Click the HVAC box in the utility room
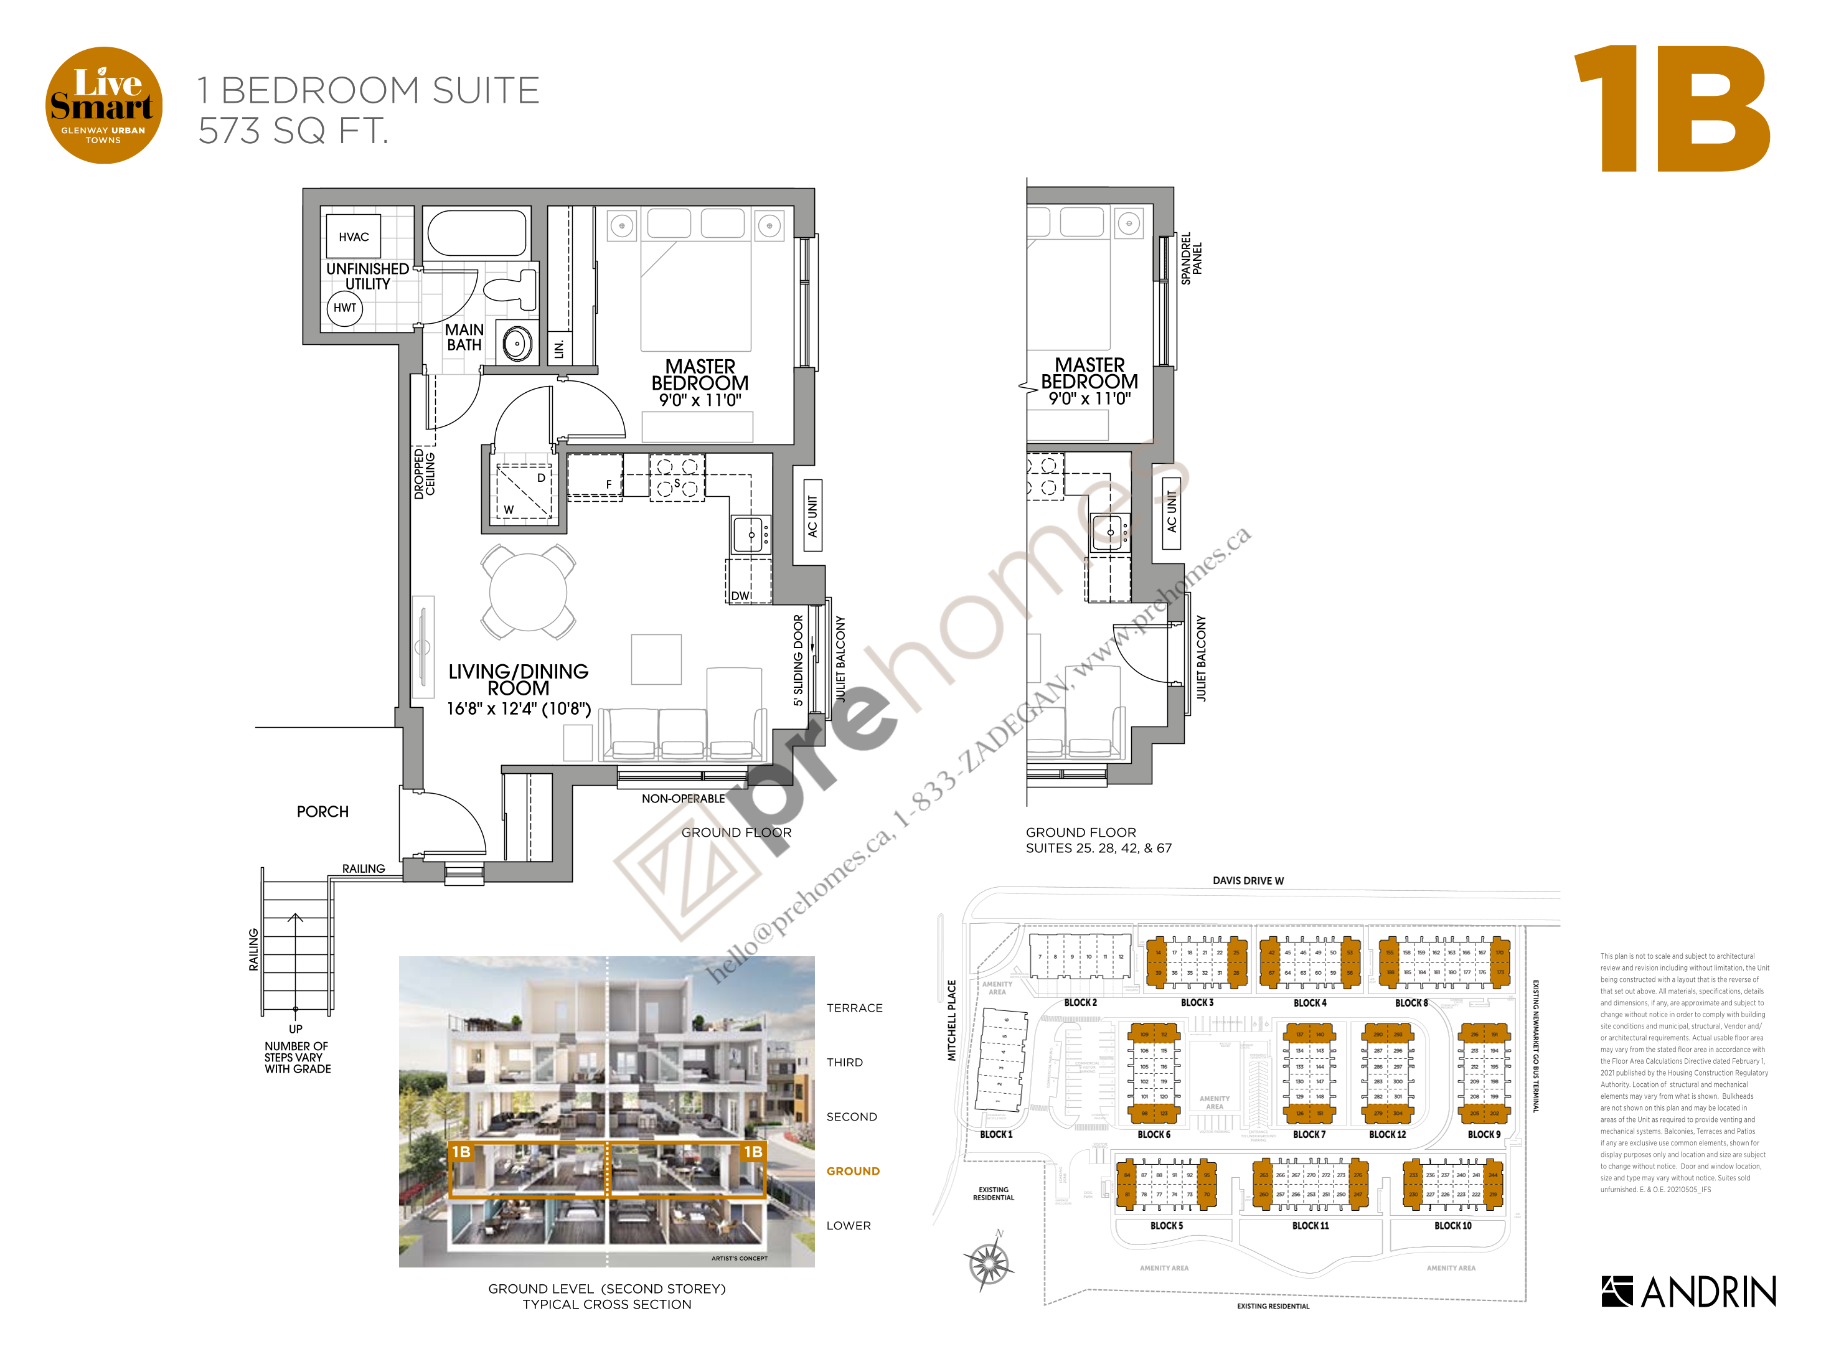click(353, 237)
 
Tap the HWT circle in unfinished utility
click(345, 308)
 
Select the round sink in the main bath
click(517, 344)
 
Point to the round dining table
click(528, 592)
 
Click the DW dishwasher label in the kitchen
click(741, 596)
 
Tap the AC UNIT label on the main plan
click(812, 516)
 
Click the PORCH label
click(323, 811)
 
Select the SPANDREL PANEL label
click(1191, 258)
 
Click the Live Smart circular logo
click(103, 105)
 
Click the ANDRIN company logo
click(1688, 1292)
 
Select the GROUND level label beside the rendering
click(852, 1171)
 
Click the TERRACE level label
click(854, 1008)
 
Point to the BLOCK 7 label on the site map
click(1309, 1134)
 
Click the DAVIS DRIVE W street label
click(1248, 881)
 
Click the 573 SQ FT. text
click(293, 131)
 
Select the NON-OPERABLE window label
click(683, 798)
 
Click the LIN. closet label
click(559, 349)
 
